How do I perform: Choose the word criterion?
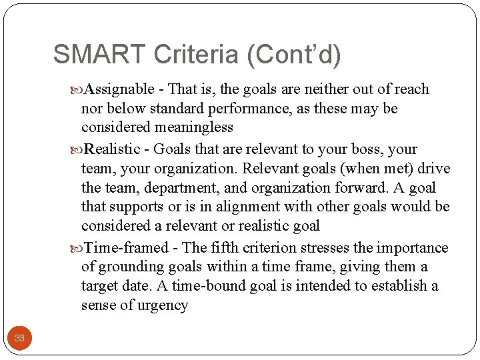pyautogui.click(x=270, y=248)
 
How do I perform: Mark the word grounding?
pyautogui.click(x=128, y=267)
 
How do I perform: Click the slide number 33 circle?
pyautogui.click(x=19, y=338)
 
